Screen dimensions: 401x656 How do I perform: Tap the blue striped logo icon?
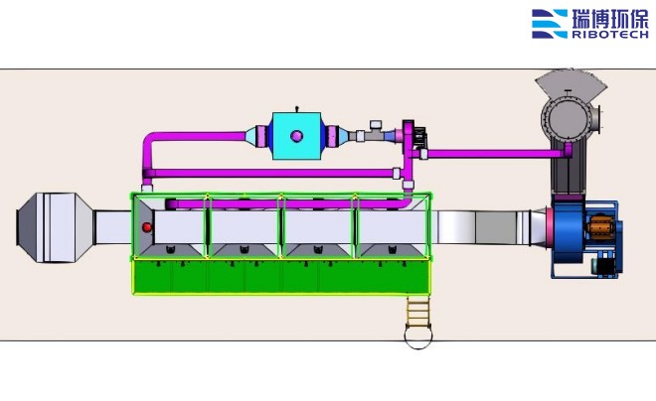[550, 24]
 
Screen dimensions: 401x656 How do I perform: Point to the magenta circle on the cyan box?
[296, 135]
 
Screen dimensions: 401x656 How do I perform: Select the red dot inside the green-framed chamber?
[147, 227]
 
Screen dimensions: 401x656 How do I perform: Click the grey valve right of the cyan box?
[377, 131]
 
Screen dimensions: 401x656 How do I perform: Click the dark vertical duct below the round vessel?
[568, 179]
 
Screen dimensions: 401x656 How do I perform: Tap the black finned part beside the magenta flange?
[420, 139]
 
